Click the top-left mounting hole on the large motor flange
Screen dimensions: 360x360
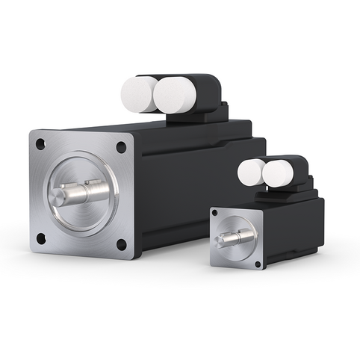click(40, 142)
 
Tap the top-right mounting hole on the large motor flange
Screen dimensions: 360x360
click(121, 147)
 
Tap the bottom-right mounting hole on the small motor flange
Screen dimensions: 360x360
click(258, 264)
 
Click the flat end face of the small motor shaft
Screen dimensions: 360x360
click(222, 240)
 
